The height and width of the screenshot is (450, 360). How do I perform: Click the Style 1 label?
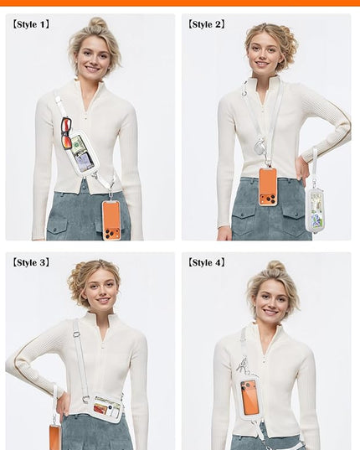point(31,24)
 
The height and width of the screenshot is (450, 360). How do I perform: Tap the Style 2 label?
point(206,24)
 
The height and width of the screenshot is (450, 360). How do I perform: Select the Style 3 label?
point(31,262)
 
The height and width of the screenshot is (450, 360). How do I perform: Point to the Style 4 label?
point(206,262)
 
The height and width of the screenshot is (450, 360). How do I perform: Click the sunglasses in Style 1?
point(66,133)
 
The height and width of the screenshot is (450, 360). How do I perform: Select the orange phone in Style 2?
point(268,187)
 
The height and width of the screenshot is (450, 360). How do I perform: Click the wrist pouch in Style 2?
point(315,209)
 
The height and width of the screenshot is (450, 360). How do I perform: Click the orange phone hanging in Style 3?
point(54,437)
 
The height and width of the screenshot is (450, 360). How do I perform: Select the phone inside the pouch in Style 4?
point(249,398)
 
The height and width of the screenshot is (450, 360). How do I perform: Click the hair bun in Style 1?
point(97,23)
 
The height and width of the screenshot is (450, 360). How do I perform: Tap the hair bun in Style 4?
point(275,267)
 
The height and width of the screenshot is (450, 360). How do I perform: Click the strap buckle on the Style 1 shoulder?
point(59,101)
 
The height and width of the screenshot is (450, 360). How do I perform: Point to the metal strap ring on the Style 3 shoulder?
point(76,334)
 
